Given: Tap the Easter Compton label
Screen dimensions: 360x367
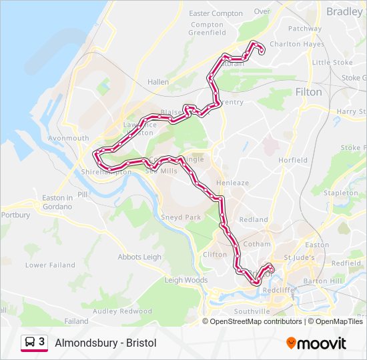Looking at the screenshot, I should (x=216, y=13).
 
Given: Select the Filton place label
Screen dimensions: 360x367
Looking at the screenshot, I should (x=308, y=92).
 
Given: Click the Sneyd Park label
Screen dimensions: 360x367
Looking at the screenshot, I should (x=181, y=217).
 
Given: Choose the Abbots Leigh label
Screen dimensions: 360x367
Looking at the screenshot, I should (x=139, y=257).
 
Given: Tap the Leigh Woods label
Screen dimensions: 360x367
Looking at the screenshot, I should (x=186, y=280).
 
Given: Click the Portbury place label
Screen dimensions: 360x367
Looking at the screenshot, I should (x=16, y=215).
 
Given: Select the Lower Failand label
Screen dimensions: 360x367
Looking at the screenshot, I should (x=50, y=265).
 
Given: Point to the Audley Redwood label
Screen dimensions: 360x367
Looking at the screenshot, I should (x=123, y=311).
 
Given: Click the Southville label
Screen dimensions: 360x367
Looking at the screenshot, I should (x=252, y=311).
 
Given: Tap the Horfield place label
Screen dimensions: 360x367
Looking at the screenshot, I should (x=293, y=160).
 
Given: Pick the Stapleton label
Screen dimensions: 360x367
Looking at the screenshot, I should (x=340, y=193).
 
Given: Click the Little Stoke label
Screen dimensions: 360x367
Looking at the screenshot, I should (x=332, y=63).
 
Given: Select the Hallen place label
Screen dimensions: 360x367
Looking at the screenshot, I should (x=158, y=82).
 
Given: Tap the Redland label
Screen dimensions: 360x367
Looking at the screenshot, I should (x=254, y=219).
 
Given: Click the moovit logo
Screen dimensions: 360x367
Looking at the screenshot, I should (x=316, y=343).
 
